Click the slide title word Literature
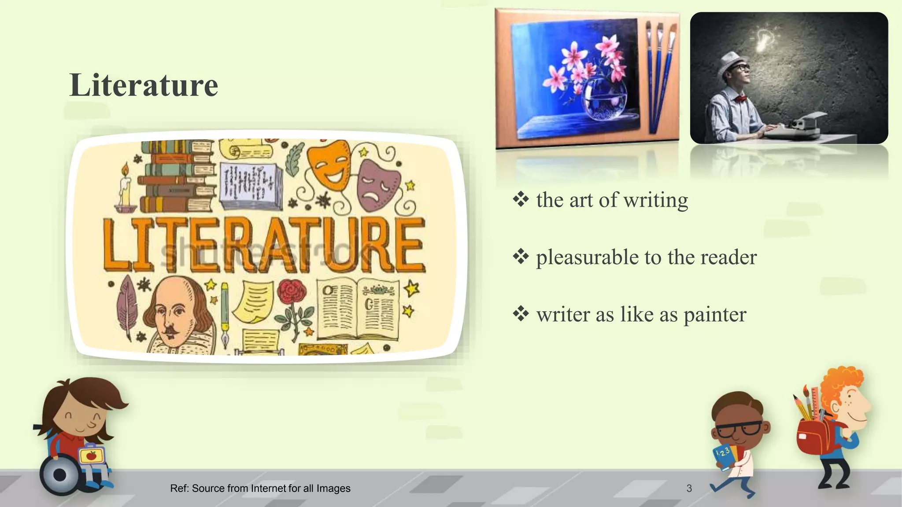tap(144, 85)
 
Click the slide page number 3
tap(689, 488)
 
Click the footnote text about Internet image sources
tap(260, 488)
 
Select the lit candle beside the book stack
tap(125, 187)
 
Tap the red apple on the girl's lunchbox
tap(91, 456)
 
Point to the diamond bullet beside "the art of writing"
tap(521, 200)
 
